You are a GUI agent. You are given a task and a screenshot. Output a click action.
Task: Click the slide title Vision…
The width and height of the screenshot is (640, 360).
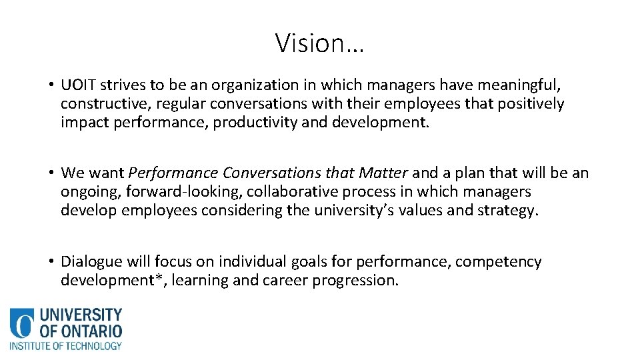click(320, 43)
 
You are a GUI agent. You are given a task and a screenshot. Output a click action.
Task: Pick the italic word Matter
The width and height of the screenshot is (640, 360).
click(383, 173)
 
